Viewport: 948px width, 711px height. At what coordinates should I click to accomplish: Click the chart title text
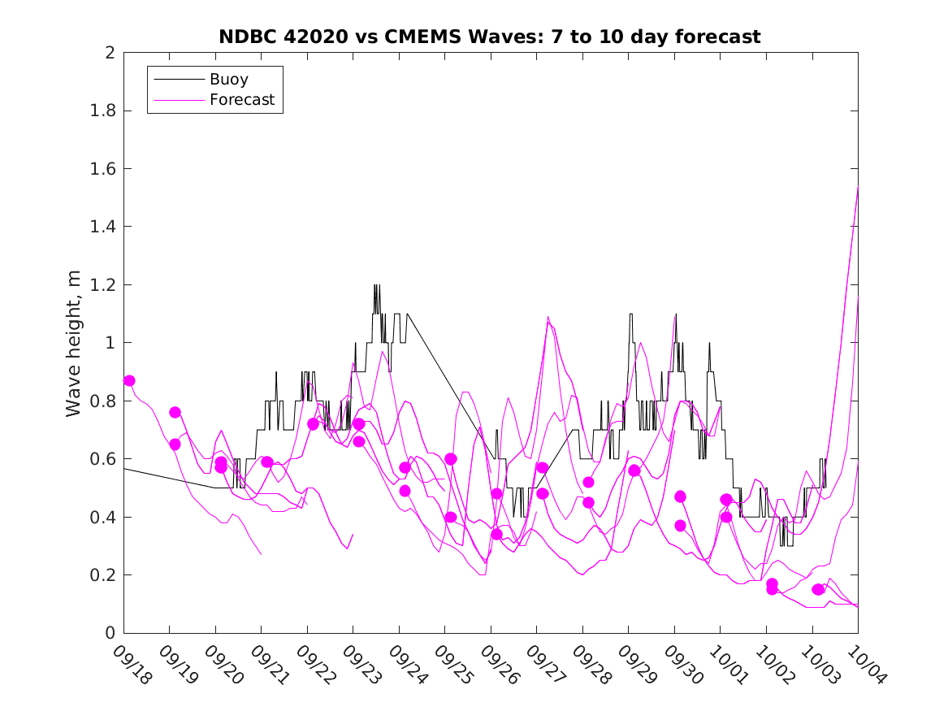pyautogui.click(x=490, y=37)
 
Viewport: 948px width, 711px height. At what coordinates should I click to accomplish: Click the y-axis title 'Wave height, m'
pyautogui.click(x=74, y=343)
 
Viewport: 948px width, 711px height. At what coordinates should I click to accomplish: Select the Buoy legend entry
pyautogui.click(x=229, y=80)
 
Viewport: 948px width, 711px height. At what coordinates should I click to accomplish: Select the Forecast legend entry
pyautogui.click(x=242, y=101)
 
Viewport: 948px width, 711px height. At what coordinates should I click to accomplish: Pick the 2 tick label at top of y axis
pyautogui.click(x=109, y=53)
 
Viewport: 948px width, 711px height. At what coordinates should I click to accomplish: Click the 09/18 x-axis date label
pyautogui.click(x=132, y=665)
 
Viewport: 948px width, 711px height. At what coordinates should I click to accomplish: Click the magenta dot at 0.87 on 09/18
pyautogui.click(x=129, y=380)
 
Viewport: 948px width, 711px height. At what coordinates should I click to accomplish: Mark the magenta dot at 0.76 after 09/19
pyautogui.click(x=175, y=412)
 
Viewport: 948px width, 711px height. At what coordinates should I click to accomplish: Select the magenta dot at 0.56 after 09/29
pyautogui.click(x=634, y=470)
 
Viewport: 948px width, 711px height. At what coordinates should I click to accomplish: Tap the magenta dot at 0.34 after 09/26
pyautogui.click(x=496, y=534)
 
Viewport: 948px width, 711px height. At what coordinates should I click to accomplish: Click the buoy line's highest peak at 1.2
pyautogui.click(x=376, y=285)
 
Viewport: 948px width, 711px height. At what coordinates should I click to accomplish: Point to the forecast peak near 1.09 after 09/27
pyautogui.click(x=548, y=317)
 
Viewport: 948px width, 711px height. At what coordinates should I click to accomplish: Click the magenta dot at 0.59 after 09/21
pyautogui.click(x=266, y=462)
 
